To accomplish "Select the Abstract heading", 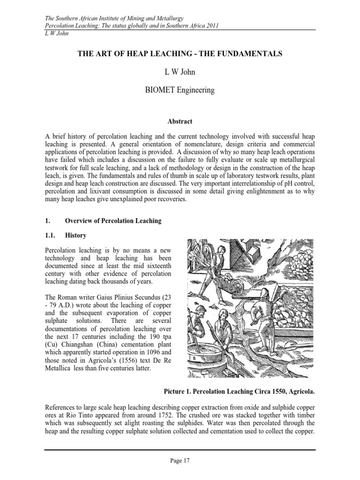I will [x=180, y=121].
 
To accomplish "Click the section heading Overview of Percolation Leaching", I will [x=113, y=221].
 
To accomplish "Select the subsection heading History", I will [x=75, y=235].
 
